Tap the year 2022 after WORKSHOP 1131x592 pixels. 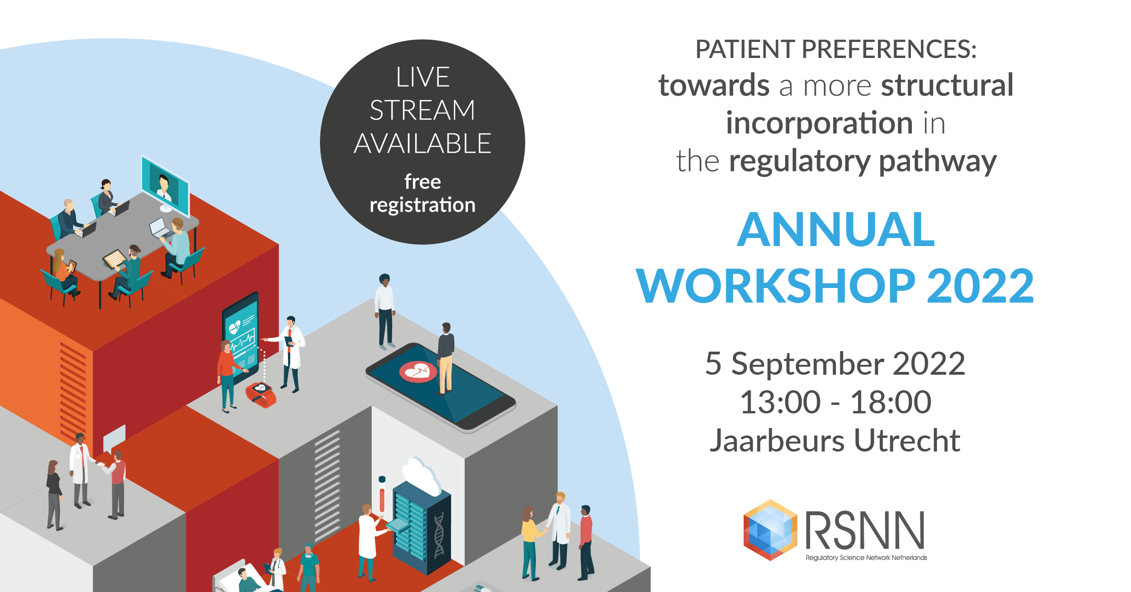tap(980, 286)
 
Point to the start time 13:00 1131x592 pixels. tap(780, 403)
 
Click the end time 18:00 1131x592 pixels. tap(891, 403)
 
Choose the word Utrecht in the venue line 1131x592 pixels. tap(907, 441)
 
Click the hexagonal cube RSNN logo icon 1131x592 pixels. tap(770, 530)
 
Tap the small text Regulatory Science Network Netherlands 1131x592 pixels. tap(866, 558)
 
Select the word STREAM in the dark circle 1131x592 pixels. tap(422, 110)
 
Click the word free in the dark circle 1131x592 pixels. tap(422, 181)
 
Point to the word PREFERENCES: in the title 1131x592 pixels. tap(889, 49)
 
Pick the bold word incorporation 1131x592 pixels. tap(820, 123)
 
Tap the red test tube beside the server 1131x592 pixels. tap(382, 495)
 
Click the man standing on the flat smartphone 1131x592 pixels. tap(445, 359)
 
